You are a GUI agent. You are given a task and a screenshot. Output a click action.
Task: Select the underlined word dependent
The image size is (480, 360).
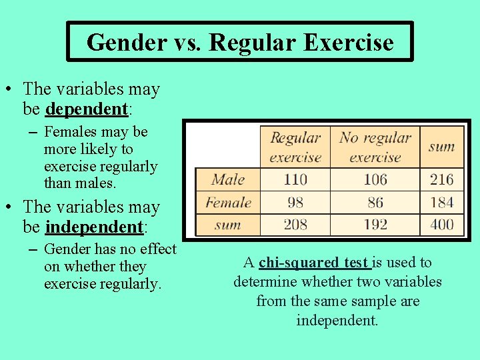click(86, 108)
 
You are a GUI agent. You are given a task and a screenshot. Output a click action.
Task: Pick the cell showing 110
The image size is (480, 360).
click(295, 179)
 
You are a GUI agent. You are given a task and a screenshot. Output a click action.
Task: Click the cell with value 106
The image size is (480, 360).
click(375, 179)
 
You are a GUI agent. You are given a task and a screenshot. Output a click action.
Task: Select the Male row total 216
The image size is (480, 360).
click(441, 179)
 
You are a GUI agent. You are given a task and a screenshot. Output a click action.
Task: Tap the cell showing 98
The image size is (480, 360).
click(295, 202)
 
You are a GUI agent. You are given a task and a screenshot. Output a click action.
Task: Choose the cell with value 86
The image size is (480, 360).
click(375, 202)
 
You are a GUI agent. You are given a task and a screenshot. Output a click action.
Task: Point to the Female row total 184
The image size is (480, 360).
click(441, 202)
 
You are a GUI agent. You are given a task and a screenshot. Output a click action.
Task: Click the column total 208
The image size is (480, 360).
click(295, 224)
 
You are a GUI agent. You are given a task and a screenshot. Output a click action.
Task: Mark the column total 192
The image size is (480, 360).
click(375, 224)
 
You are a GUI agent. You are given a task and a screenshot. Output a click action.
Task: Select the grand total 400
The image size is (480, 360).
click(441, 224)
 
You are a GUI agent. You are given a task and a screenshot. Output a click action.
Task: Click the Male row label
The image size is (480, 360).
click(228, 179)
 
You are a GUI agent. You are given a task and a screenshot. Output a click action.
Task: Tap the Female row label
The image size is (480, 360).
click(228, 202)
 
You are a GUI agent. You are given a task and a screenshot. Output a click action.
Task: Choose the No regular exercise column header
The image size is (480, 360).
click(375, 147)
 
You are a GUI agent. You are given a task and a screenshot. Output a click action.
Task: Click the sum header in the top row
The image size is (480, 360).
click(441, 145)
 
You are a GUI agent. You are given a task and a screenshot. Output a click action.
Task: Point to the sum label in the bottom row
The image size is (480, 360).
click(228, 224)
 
